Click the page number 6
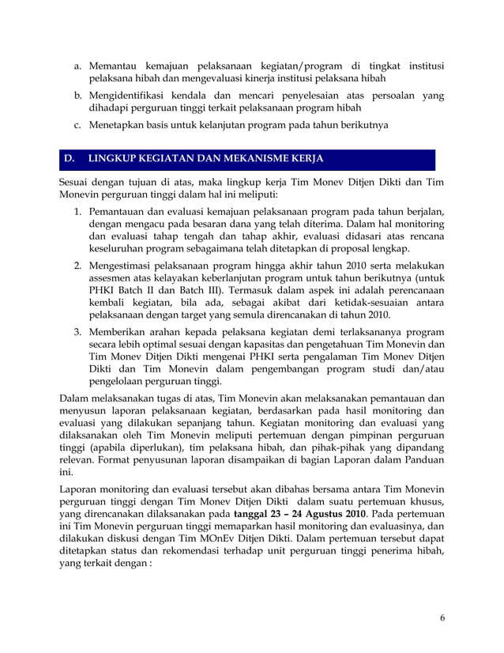[442, 617]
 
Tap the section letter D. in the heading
[69, 159]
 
